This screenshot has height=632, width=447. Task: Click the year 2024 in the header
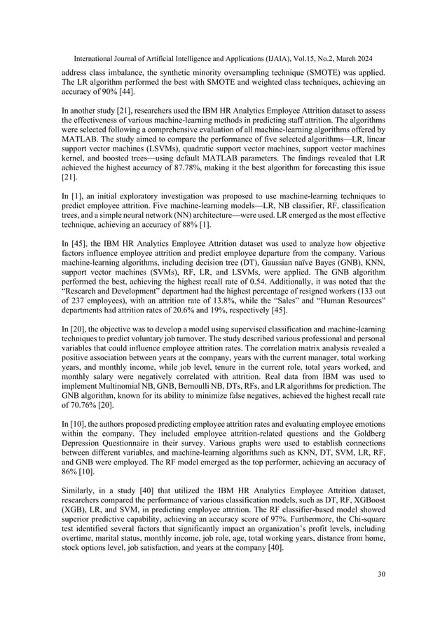pos(364,53)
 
